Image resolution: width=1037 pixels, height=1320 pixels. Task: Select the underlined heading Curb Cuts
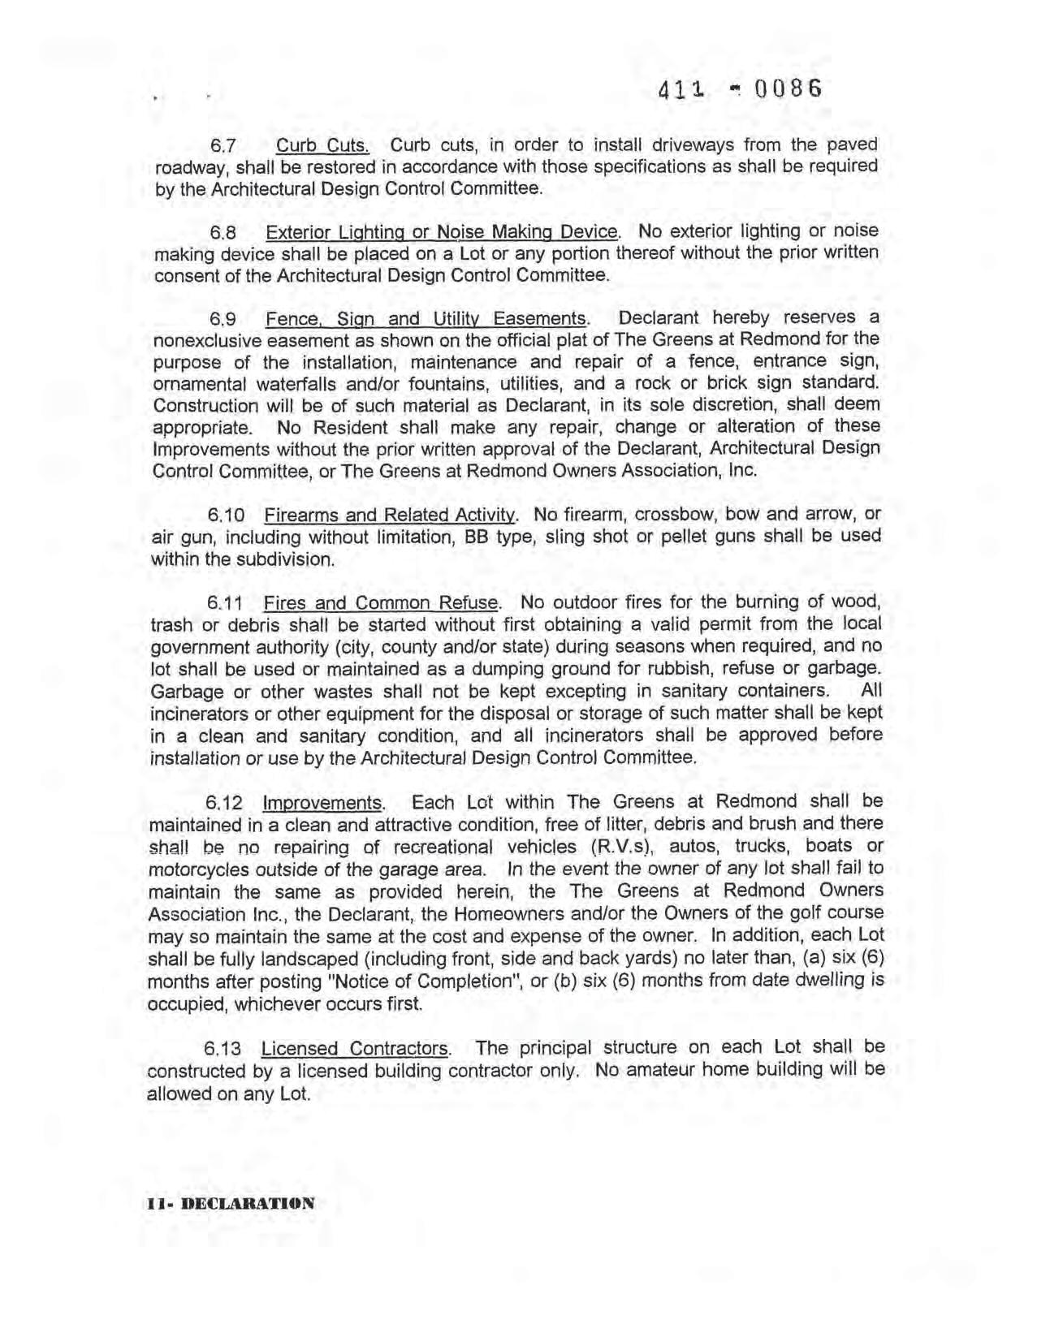(322, 146)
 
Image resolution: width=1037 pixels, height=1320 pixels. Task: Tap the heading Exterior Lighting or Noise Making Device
(442, 232)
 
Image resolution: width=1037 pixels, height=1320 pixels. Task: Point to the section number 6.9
(223, 319)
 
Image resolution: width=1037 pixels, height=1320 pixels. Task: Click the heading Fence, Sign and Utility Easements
(426, 318)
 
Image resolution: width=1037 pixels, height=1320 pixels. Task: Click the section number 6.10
(226, 515)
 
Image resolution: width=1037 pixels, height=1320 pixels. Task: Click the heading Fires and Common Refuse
(380, 603)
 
